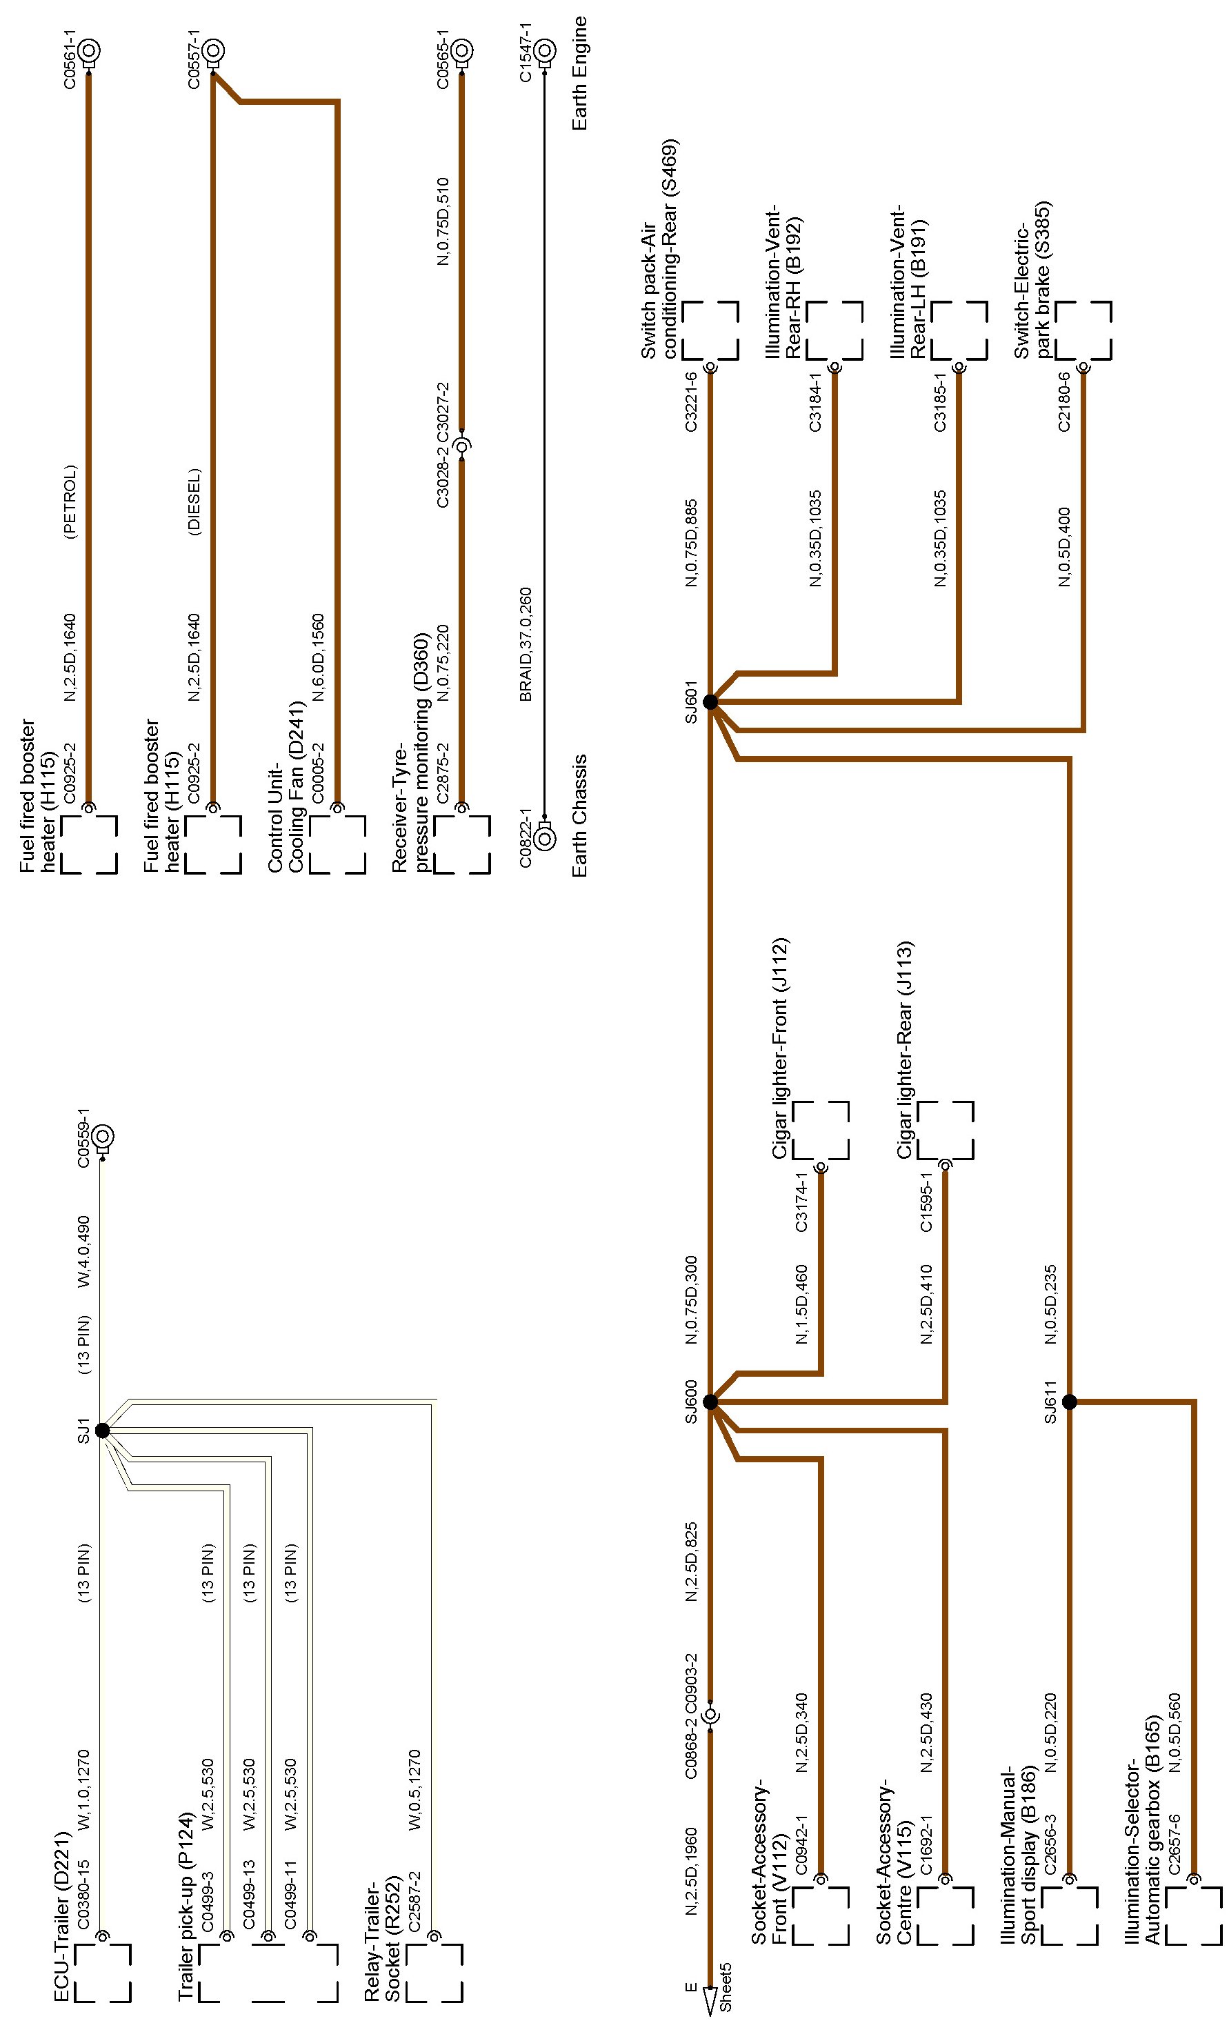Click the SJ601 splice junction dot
[x=710, y=701]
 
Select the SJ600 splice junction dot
[x=710, y=1402]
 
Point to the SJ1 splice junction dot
[x=102, y=1430]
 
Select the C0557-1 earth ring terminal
[x=213, y=50]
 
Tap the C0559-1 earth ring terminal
[x=102, y=1137]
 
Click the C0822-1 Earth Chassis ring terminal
[x=543, y=839]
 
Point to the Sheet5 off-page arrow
[x=710, y=2012]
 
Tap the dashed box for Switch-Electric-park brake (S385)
[x=1083, y=330]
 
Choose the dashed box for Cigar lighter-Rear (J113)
[x=946, y=1130]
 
